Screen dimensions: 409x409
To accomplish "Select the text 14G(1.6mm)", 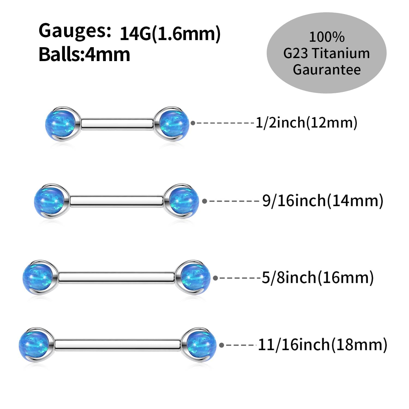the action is [170, 34].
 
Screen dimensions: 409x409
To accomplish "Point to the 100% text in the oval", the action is [326, 37].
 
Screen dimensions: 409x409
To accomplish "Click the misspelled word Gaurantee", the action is [327, 70].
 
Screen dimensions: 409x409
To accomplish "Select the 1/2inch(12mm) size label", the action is [306, 123].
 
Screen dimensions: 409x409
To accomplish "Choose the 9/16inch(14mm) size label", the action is [323, 201].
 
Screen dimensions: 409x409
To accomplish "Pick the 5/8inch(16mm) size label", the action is [318, 278].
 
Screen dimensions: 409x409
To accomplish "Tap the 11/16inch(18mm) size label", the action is [322, 345].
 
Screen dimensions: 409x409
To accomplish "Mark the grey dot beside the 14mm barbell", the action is [204, 201].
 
